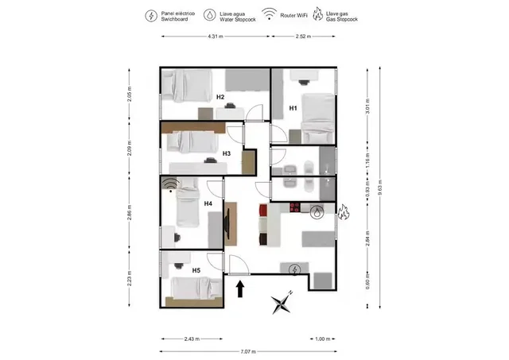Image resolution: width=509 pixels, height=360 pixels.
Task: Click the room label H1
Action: click(x=293, y=107)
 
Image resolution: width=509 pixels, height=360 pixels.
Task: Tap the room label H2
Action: click(x=220, y=98)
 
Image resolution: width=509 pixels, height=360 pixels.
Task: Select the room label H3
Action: click(x=227, y=153)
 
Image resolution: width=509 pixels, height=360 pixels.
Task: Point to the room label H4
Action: click(x=208, y=203)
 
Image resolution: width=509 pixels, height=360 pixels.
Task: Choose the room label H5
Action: click(x=196, y=270)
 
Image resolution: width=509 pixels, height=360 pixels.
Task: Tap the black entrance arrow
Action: click(x=241, y=287)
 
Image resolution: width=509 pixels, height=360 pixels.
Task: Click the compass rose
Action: click(x=282, y=302)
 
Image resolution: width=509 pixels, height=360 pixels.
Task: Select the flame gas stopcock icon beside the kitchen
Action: click(x=344, y=212)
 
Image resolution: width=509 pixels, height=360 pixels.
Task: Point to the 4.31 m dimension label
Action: click(x=214, y=37)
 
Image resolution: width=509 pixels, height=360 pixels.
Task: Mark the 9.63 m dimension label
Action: click(x=380, y=186)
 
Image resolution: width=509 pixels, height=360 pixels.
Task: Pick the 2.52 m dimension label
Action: click(x=303, y=37)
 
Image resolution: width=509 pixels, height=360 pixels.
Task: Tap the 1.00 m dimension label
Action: click(x=322, y=339)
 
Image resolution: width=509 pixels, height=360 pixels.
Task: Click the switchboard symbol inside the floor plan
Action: click(x=295, y=270)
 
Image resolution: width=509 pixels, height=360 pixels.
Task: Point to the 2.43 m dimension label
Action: click(x=192, y=339)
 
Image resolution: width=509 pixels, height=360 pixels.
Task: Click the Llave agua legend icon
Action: click(x=210, y=15)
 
